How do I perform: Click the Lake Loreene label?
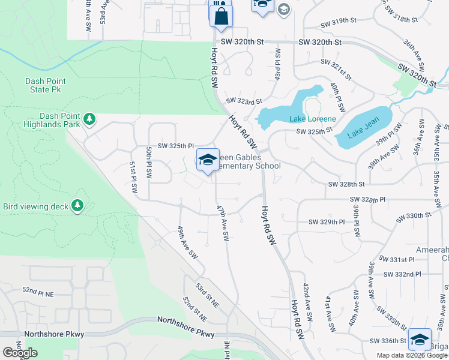coord(313,119)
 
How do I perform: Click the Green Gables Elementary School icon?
coord(208,160)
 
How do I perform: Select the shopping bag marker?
coord(221,16)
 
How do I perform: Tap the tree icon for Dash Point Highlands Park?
coord(89,119)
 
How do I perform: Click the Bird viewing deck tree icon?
coord(77,206)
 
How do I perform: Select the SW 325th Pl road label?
coord(176,146)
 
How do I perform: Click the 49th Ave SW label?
coord(187,242)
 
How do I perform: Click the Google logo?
coord(20,353)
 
